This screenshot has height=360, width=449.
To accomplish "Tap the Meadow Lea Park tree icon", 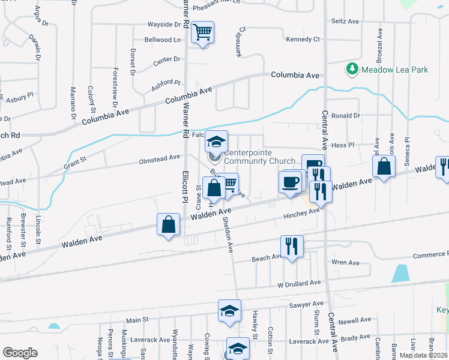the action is pyautogui.click(x=353, y=70).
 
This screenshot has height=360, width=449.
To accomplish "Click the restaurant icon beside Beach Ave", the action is pyautogui.click(x=292, y=246).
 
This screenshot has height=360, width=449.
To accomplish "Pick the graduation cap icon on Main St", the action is pyautogui.click(x=229, y=311).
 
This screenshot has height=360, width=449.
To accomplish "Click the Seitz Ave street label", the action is pyautogui.click(x=345, y=21).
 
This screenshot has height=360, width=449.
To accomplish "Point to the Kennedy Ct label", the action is pyautogui.click(x=303, y=40).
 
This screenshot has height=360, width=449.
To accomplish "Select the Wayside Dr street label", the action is pyautogui.click(x=164, y=25).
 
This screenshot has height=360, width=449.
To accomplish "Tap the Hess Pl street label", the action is pyautogui.click(x=343, y=145).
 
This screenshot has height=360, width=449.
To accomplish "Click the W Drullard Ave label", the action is pyautogui.click(x=299, y=283).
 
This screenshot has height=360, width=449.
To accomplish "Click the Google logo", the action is pyautogui.click(x=20, y=353).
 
